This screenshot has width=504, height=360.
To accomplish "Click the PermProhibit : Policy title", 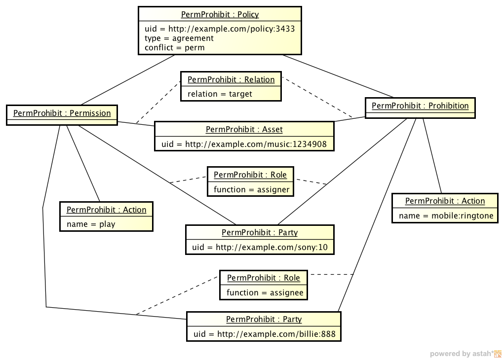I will [220, 15].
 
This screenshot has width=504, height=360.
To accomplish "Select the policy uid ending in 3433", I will [220, 29].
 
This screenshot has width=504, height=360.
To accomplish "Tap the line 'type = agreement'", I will [179, 38].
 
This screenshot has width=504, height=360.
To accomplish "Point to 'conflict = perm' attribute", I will [175, 48].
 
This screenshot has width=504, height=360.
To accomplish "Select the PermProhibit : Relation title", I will [231, 80].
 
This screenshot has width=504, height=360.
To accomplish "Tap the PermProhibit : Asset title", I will [244, 130].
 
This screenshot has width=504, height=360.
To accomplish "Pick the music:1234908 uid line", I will [244, 144].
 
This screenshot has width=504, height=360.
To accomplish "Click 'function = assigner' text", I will [252, 189].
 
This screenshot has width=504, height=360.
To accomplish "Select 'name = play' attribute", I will [91, 224].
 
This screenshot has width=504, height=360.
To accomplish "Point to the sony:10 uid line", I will [260, 247].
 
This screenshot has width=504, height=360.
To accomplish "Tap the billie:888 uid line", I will [265, 334].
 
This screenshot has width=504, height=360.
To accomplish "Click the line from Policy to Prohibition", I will [338, 76].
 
